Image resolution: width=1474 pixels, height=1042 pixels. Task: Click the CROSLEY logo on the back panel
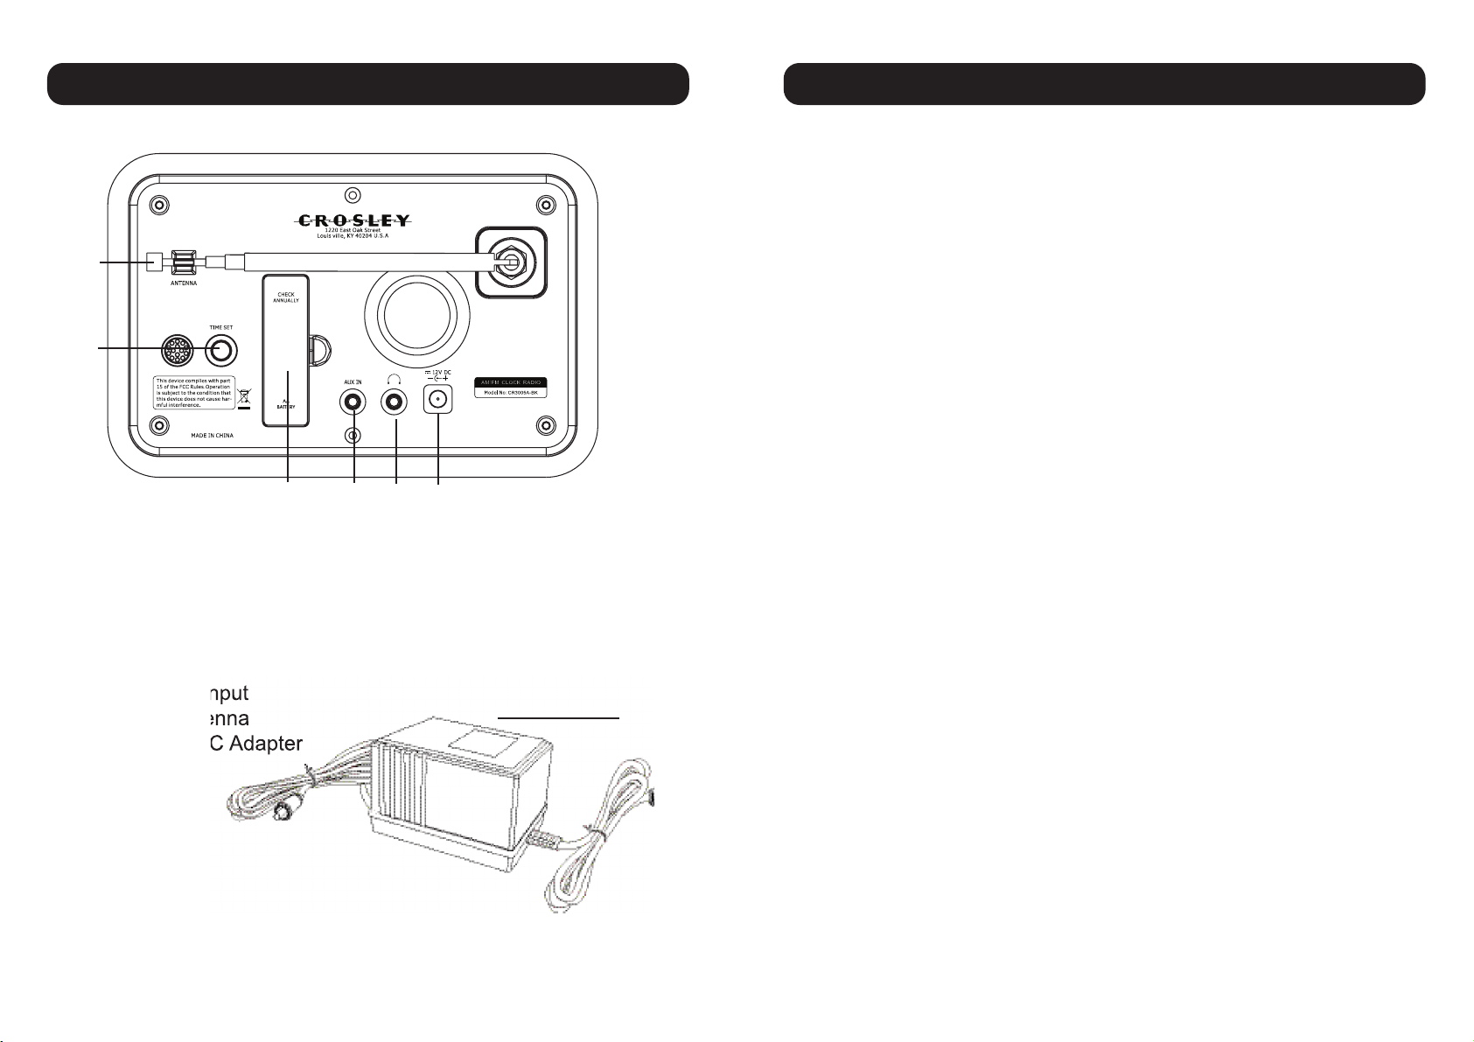click(353, 220)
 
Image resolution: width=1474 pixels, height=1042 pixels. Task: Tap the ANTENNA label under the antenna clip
click(184, 283)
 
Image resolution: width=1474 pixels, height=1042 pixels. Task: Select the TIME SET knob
click(221, 351)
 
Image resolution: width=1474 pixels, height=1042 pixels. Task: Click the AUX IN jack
click(353, 402)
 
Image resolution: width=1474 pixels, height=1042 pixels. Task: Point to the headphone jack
click(395, 402)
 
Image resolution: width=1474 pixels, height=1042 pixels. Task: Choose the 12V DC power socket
click(437, 401)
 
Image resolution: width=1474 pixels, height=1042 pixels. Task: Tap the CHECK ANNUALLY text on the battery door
click(286, 297)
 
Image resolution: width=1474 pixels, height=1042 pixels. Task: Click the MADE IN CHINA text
click(213, 435)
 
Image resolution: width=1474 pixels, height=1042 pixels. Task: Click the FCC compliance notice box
click(193, 393)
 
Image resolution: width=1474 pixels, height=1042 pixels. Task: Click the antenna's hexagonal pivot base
click(510, 261)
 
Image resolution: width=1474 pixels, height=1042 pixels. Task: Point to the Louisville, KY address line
click(353, 236)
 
